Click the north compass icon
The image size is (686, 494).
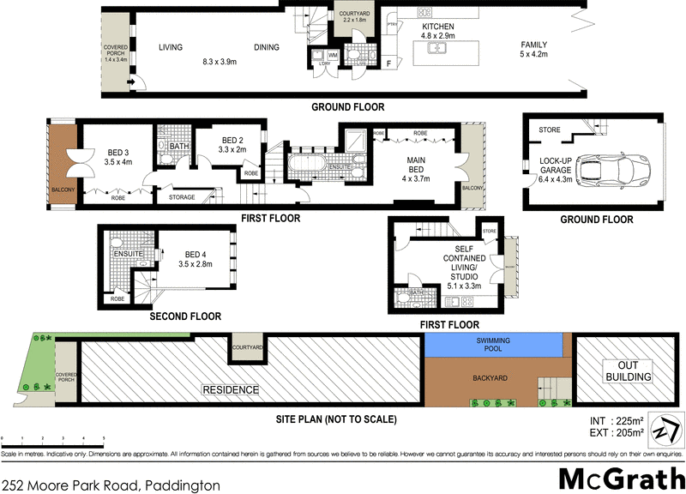coord(666,429)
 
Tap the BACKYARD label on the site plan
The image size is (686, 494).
coord(490,376)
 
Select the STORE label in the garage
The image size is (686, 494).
coord(550,130)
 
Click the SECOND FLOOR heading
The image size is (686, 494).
coord(184,316)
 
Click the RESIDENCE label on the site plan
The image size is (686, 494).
coord(230,389)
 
